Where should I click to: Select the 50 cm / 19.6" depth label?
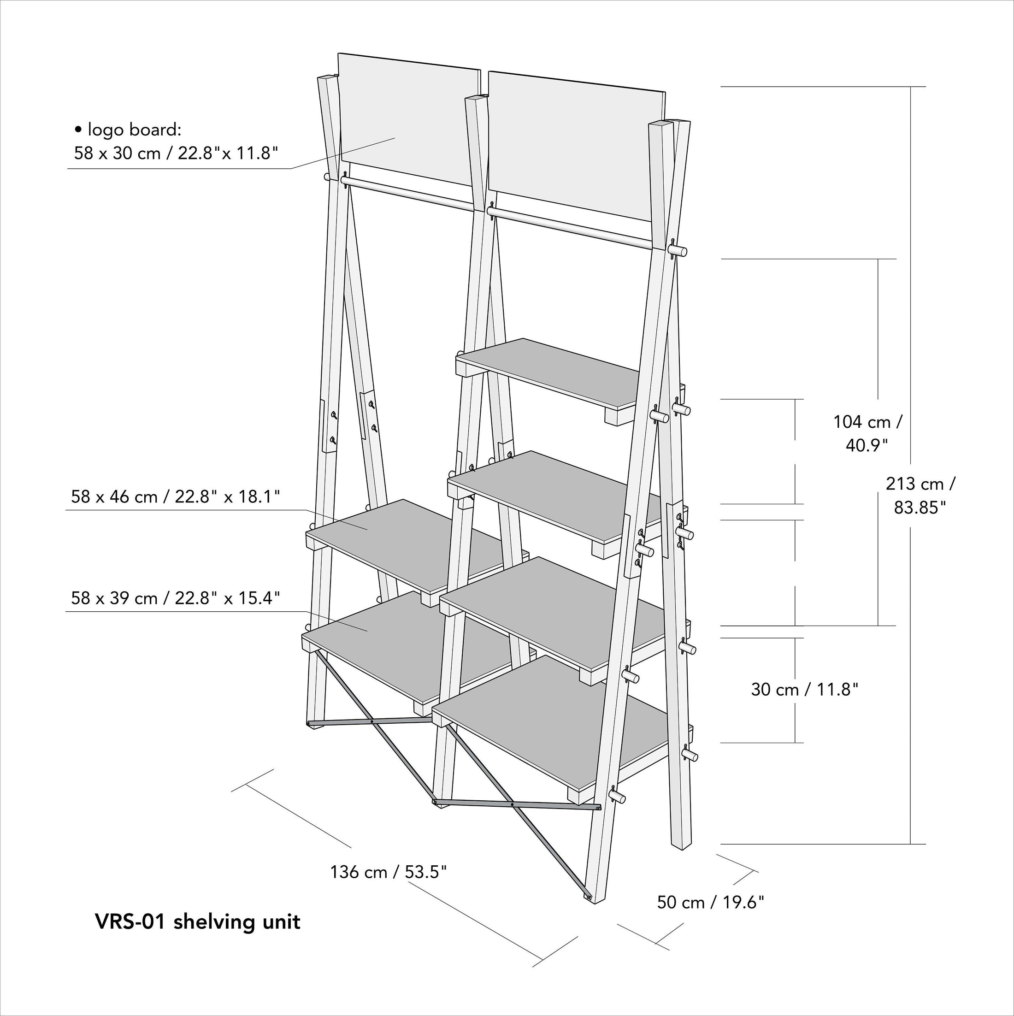710,903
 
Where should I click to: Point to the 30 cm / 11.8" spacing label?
804,690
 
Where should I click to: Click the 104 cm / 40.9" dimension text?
867,433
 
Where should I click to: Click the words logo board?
134,130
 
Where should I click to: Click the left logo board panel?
407,118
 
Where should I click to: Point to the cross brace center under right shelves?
512,804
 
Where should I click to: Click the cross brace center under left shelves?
371,721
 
